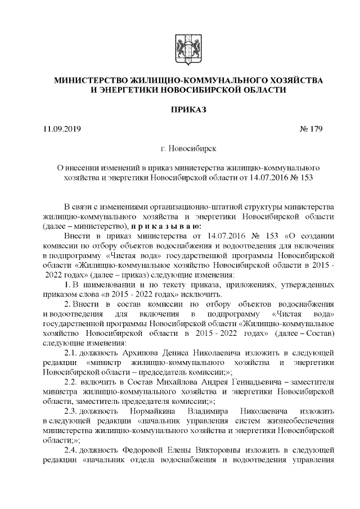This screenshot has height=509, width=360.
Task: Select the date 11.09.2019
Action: tap(62, 130)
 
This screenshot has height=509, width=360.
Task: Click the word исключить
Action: tap(206, 296)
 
